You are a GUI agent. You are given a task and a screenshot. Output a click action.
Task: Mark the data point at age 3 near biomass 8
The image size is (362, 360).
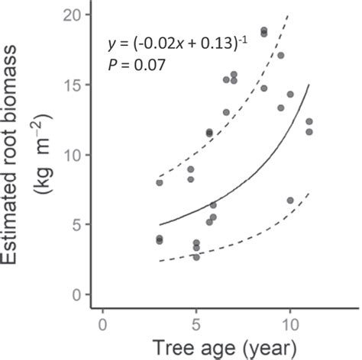[x=159, y=182]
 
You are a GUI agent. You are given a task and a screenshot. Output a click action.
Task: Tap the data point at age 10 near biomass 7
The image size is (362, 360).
[x=290, y=201]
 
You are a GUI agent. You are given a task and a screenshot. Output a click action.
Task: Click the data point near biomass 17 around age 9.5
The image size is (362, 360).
[x=280, y=56]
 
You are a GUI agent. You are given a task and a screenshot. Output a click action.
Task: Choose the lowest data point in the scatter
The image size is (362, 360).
[x=196, y=257]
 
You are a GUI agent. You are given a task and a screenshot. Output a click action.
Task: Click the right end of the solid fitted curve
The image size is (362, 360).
[x=309, y=85]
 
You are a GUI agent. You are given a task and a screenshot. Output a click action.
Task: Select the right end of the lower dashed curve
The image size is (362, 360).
[x=309, y=193]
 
